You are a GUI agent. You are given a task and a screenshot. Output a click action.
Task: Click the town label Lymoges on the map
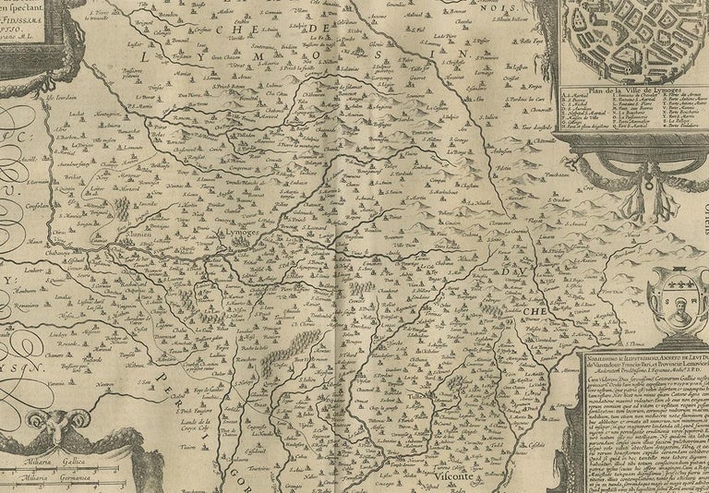[x=241, y=234]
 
